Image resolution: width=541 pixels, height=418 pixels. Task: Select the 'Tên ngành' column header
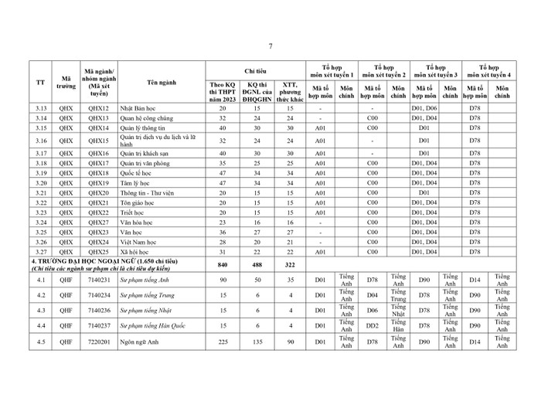click(162, 82)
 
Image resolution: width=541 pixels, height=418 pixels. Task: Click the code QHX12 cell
click(98, 108)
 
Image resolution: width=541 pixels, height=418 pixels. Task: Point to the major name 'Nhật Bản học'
click(138, 108)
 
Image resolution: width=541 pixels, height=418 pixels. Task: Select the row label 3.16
click(42, 141)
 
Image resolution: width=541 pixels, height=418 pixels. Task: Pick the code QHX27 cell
click(98, 222)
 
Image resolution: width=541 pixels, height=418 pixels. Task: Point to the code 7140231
click(98, 280)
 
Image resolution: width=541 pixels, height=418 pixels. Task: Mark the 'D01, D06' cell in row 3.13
click(424, 108)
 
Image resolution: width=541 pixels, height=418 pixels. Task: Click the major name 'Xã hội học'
click(136, 251)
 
